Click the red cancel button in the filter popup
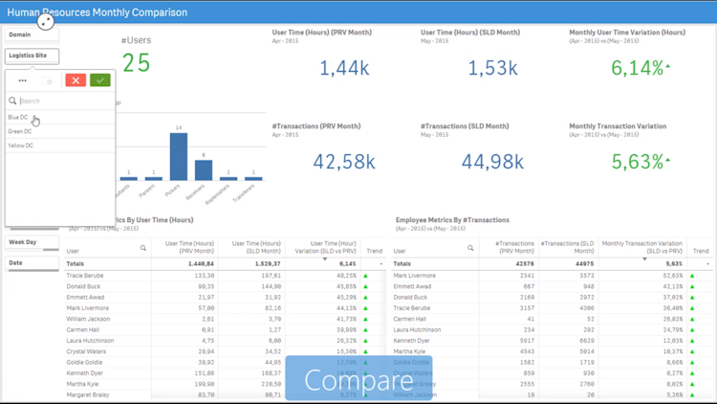[76, 80]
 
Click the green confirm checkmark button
[100, 80]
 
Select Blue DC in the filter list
[19, 118]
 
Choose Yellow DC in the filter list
[21, 146]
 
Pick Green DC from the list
[20, 131]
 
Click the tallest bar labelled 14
[178, 156]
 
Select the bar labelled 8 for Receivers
[204, 169]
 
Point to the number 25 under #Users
[137, 63]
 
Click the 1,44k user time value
[344, 68]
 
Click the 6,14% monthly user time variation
[638, 68]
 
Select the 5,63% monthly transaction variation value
[638, 162]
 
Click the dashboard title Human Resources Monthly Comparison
[94, 12]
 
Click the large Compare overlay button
[358, 379]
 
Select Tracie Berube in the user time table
[85, 276]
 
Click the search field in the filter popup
[62, 101]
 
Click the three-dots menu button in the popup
[22, 80]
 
